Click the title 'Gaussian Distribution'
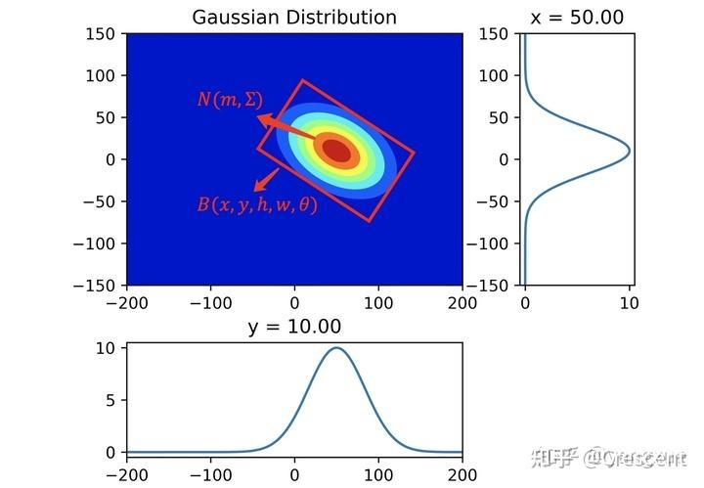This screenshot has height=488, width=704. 294,17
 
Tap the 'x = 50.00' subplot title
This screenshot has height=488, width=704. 577,17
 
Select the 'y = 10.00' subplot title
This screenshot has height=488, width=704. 294,328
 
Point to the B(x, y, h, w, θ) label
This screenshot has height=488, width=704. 257,205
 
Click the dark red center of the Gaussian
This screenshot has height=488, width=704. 336,151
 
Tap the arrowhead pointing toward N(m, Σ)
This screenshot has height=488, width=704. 263,119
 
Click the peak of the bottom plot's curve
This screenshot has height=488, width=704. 336,348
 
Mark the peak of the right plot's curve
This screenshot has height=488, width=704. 629,151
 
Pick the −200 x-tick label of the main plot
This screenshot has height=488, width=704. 126,303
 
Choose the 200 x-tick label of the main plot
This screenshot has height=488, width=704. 462,303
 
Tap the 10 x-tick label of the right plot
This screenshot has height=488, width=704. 629,303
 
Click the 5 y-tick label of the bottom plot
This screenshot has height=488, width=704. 112,400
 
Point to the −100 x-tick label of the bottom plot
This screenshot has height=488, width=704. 210,474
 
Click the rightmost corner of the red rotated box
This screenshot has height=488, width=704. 415,153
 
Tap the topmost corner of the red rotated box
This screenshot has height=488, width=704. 303,80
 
